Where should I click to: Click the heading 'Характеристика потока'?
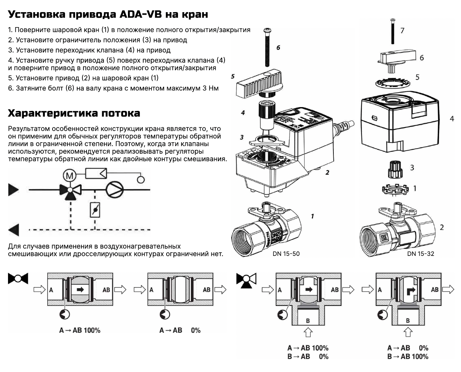(74, 113)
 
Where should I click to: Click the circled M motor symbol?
(70, 176)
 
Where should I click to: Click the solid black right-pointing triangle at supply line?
(14, 189)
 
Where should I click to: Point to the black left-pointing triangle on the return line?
(14, 230)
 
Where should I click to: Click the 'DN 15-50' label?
(286, 254)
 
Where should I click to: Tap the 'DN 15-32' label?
(421, 254)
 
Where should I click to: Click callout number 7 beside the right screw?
(402, 31)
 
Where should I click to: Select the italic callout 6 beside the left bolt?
(278, 48)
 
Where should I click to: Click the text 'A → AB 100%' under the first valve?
(80, 330)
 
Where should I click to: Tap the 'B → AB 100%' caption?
(408, 356)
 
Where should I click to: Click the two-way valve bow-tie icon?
(18, 278)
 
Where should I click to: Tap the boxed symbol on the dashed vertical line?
(95, 210)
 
